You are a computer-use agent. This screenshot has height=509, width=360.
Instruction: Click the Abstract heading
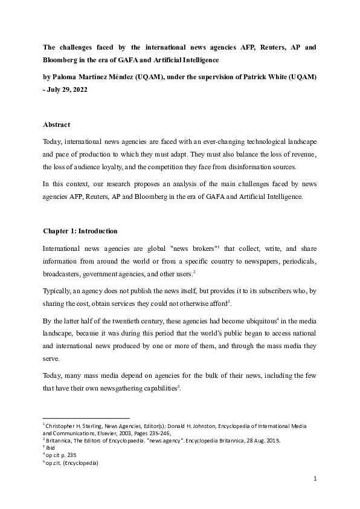(x=57, y=125)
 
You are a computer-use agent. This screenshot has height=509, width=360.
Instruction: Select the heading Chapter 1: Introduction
(x=80, y=231)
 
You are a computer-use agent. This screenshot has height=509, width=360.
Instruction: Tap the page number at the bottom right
(x=315, y=479)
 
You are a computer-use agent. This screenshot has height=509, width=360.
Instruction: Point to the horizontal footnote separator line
(x=86, y=417)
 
